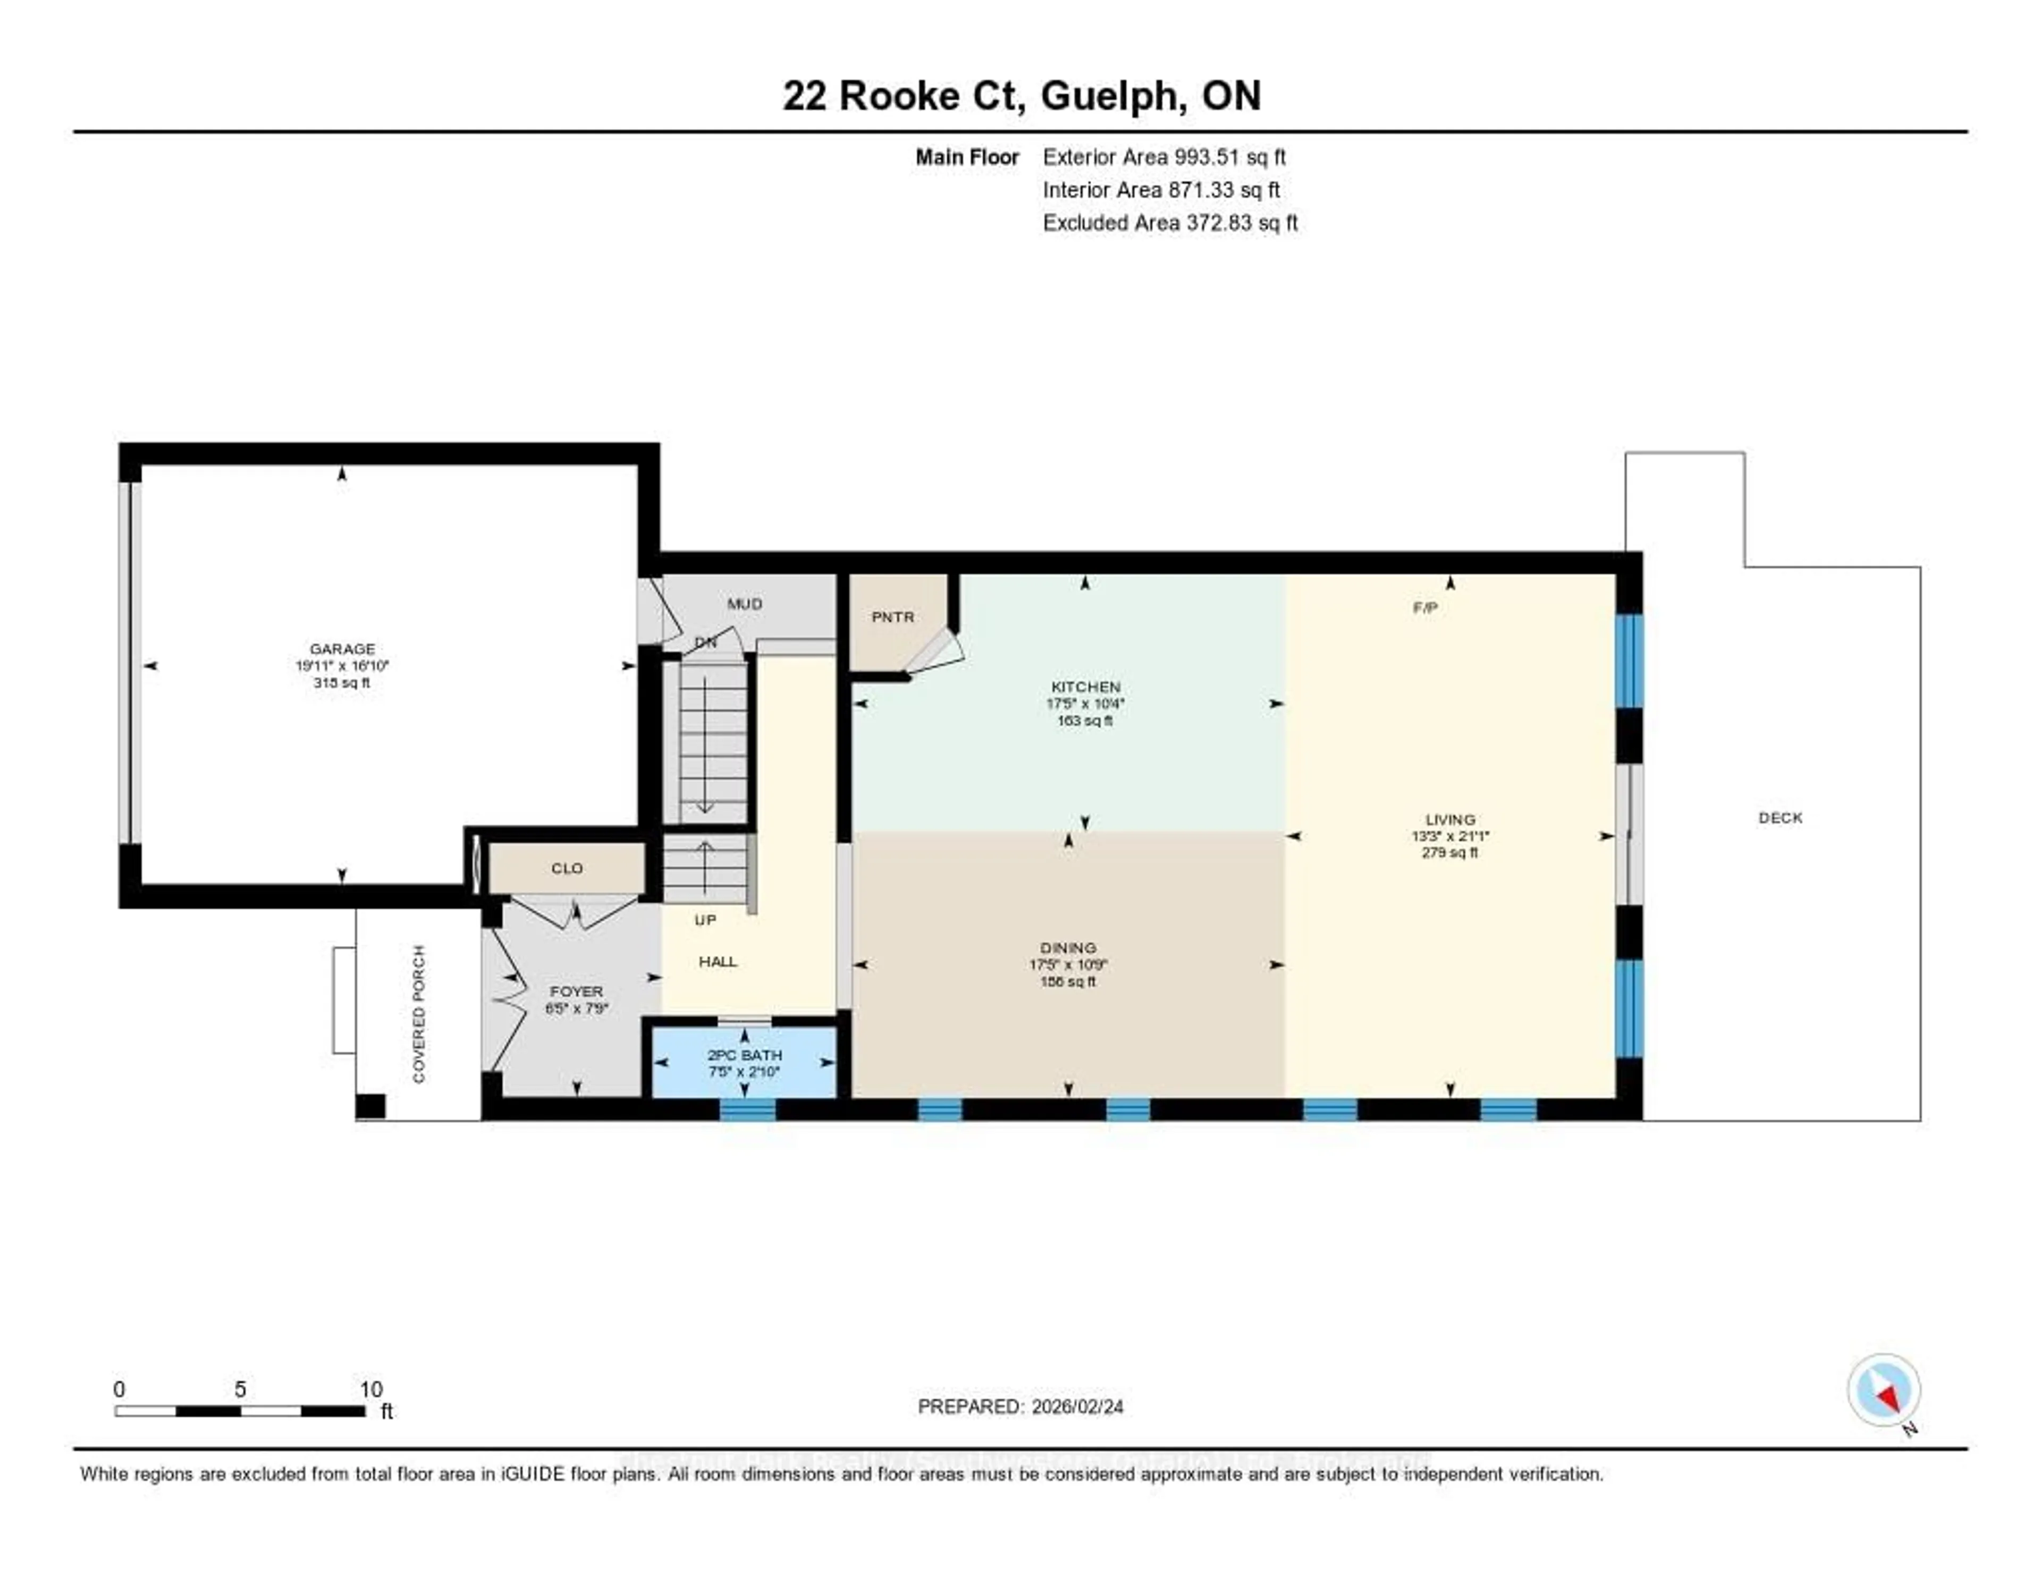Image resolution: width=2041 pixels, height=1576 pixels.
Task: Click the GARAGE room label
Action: [x=342, y=648]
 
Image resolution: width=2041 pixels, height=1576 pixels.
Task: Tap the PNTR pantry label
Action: [x=892, y=617]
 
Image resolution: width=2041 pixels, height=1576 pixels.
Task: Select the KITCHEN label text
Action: [x=1085, y=687]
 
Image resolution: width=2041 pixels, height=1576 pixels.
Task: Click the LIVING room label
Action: [x=1449, y=819]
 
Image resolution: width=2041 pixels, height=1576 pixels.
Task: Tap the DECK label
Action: [x=1780, y=817]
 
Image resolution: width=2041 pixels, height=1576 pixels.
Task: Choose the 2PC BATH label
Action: [x=744, y=1055]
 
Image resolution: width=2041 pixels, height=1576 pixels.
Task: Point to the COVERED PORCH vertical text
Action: [x=419, y=1014]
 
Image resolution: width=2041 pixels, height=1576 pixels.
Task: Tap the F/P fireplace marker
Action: [x=1424, y=608]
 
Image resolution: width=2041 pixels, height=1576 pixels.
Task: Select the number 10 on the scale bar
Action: [x=371, y=1389]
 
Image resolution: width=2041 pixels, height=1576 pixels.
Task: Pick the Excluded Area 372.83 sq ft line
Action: [x=1170, y=222]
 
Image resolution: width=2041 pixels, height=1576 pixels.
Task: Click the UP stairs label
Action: [x=705, y=920]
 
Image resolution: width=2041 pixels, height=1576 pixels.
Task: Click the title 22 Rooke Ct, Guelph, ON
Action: [x=1022, y=96]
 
